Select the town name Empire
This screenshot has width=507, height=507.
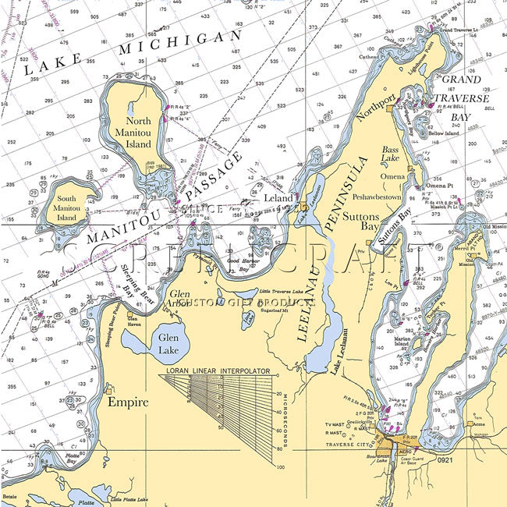(x=128, y=402)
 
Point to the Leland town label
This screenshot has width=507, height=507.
(x=278, y=198)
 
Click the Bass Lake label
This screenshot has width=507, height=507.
(x=390, y=154)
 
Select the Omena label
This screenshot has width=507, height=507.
(x=392, y=175)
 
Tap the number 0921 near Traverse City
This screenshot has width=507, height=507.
(x=444, y=462)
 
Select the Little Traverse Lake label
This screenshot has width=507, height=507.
(x=270, y=290)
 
